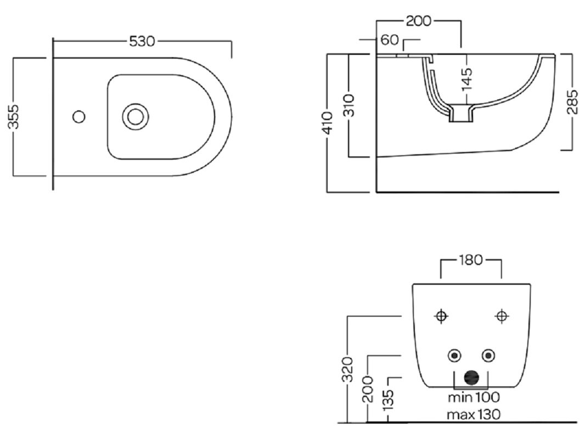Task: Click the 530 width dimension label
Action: [x=142, y=41]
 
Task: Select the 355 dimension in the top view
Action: [x=16, y=116]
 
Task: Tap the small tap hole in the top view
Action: [x=80, y=116]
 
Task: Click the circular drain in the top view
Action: [x=135, y=116]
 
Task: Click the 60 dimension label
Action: [x=390, y=40]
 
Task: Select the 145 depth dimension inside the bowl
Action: [x=467, y=78]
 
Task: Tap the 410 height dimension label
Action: [x=328, y=123]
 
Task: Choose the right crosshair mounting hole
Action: [x=501, y=316]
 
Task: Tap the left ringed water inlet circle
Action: [x=454, y=356]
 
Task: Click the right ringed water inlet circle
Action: [x=488, y=356]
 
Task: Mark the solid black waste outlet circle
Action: [x=471, y=378]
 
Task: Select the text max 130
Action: [x=474, y=414]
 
